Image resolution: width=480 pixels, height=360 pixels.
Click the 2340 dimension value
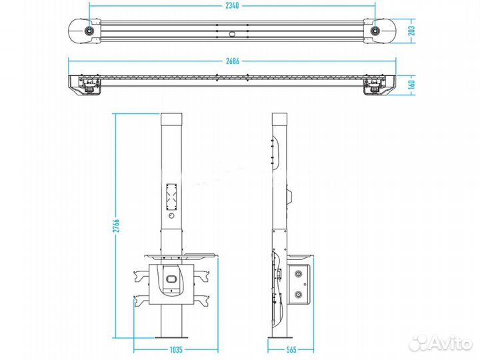231,5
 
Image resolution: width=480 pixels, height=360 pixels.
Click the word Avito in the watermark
452,343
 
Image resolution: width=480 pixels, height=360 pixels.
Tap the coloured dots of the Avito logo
418,343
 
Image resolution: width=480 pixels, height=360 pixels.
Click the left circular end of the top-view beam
88,30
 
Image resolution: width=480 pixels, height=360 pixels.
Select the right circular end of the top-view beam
377,30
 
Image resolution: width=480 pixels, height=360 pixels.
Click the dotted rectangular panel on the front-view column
171,195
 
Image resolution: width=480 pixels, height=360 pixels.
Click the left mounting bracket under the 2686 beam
87,87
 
